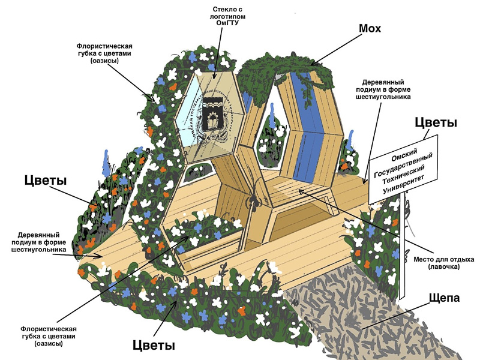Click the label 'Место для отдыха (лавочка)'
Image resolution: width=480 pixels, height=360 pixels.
444,263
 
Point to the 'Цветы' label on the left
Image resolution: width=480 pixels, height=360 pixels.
46,180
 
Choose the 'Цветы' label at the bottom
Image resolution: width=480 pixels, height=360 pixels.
154,346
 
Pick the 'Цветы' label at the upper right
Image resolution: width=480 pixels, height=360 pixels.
436,122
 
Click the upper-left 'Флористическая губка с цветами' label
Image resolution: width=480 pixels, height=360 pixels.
104,53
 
